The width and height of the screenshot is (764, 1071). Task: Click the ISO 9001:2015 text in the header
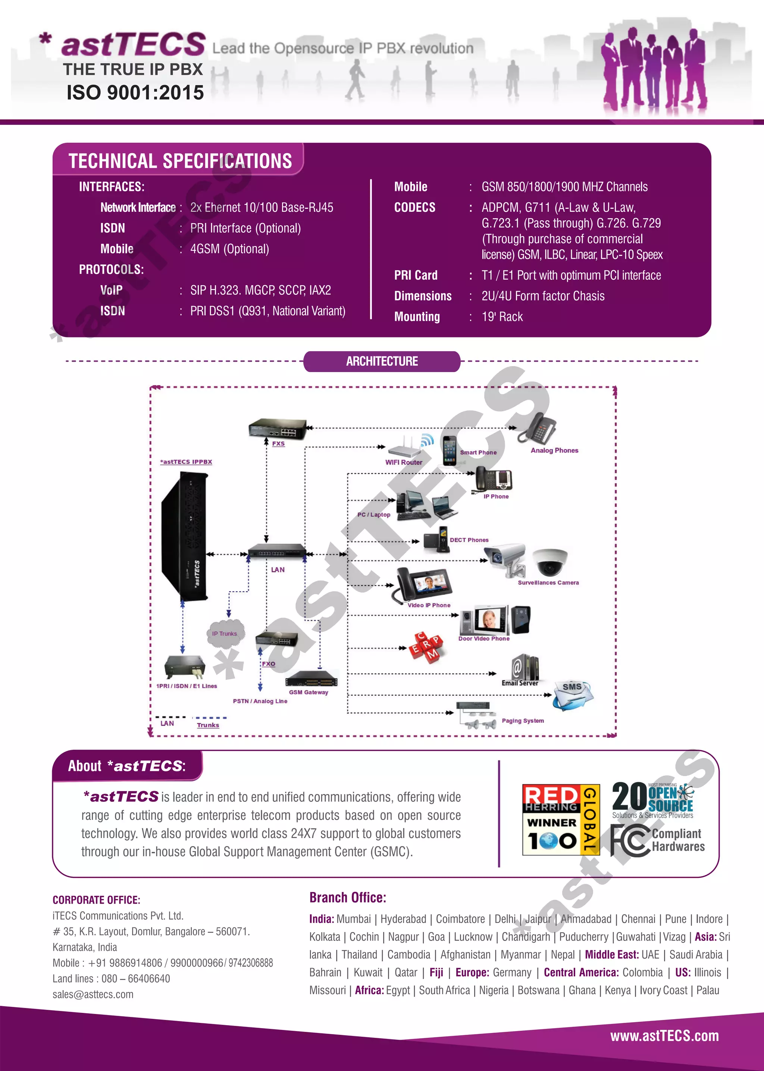(135, 92)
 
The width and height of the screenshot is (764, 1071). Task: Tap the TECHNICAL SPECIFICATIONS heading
(180, 161)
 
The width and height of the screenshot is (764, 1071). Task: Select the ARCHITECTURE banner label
(382, 361)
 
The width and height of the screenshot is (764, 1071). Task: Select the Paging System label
(522, 721)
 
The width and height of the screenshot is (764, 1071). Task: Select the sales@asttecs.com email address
(93, 994)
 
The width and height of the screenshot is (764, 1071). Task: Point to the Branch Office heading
(347, 898)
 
